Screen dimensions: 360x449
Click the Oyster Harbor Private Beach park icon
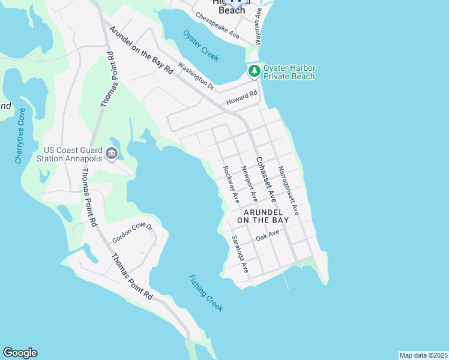(255, 71)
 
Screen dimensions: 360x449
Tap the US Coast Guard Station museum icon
(112, 154)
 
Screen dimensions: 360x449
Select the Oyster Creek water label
(201, 46)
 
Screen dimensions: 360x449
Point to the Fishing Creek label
(206, 293)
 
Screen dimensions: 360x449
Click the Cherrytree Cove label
(19, 136)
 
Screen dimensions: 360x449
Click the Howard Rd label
(241, 98)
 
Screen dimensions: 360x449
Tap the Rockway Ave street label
(231, 184)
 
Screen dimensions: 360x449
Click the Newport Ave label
(249, 184)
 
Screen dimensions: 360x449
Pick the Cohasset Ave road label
(266, 179)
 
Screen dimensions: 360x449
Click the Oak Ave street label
(268, 236)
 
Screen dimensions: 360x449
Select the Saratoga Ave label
(240, 254)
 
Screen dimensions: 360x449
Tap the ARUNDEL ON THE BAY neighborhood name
(263, 216)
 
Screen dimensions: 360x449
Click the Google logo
(20, 353)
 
